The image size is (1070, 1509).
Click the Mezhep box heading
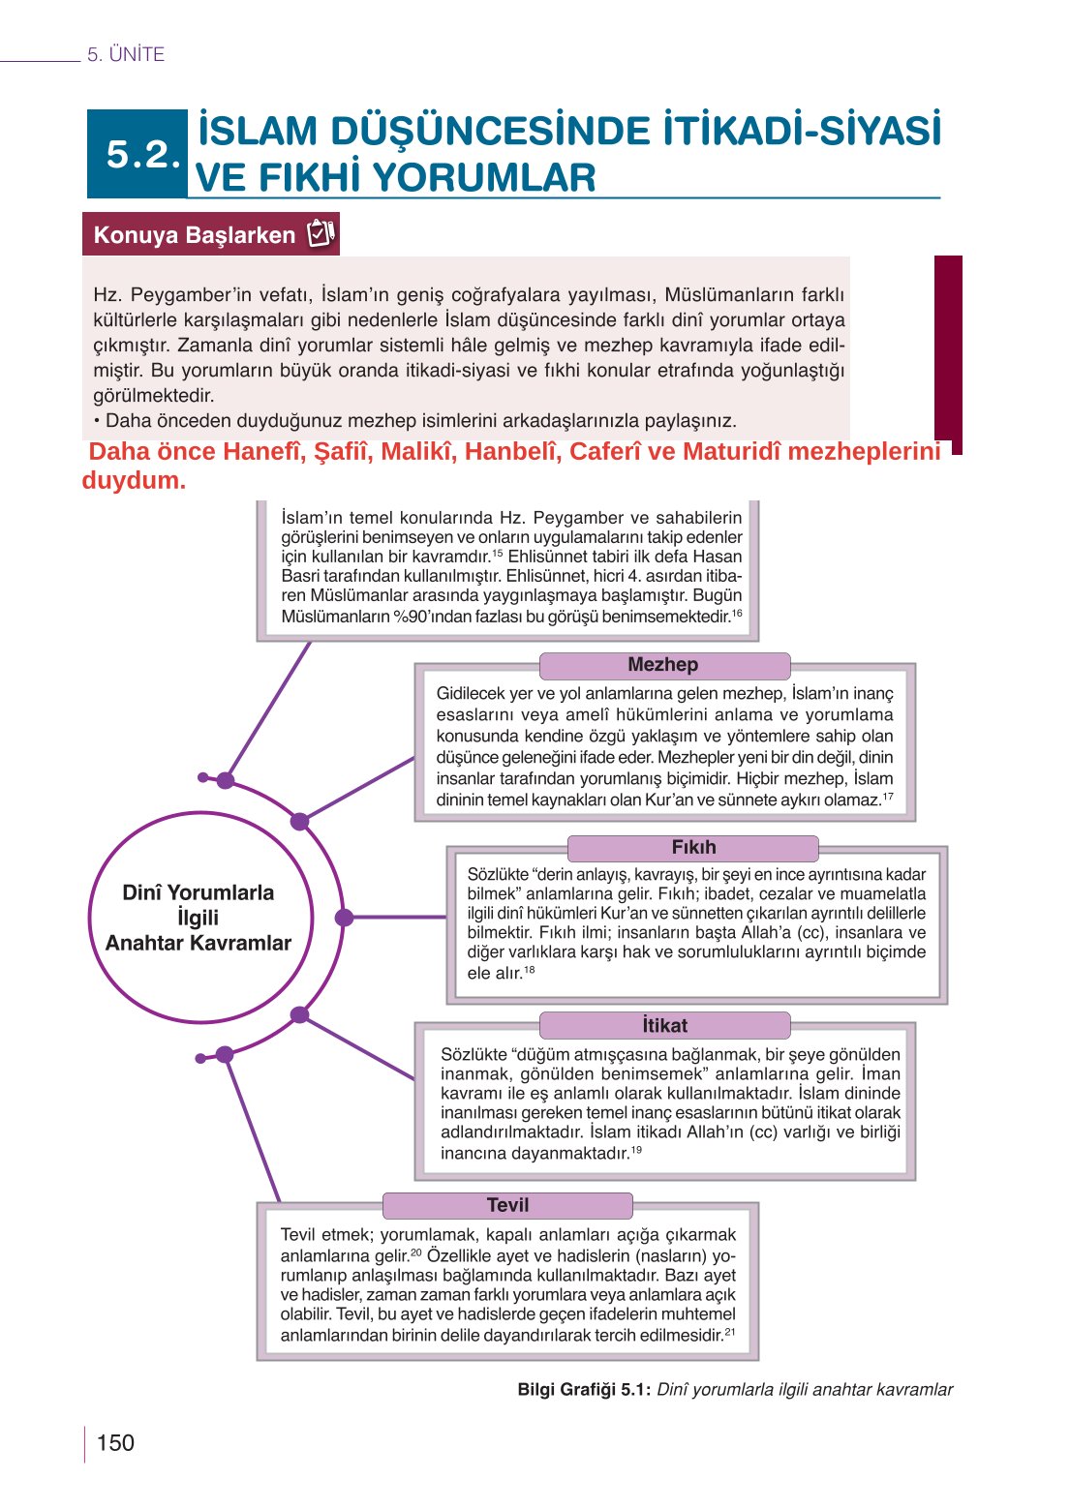(663, 665)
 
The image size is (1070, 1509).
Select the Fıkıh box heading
(693, 847)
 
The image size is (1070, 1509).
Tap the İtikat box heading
(664, 1025)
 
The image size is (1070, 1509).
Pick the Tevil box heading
(507, 1205)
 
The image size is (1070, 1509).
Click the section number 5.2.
(142, 155)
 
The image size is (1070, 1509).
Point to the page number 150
(115, 1443)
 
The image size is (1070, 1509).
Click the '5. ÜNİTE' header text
(126, 55)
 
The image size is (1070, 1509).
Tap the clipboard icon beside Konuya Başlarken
(321, 234)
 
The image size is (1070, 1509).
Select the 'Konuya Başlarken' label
(194, 235)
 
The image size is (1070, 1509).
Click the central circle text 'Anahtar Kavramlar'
(199, 944)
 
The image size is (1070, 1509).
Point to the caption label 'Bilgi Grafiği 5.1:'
(583, 1390)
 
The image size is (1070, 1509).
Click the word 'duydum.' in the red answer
(134, 481)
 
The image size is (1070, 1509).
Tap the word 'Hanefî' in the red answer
(260, 452)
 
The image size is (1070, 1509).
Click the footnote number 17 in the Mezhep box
(887, 797)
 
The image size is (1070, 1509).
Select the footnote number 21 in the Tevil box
(729, 1332)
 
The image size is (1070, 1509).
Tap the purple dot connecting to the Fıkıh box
(344, 917)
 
